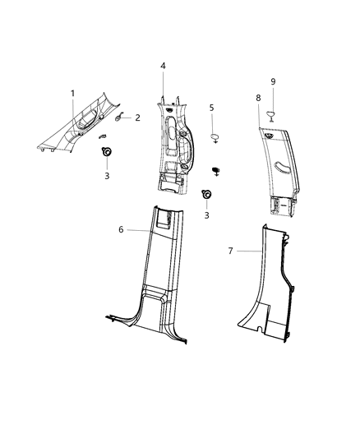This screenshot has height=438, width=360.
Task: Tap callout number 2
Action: pos(137,118)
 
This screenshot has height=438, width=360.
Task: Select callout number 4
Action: pos(163,66)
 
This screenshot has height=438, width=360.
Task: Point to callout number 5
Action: pos(212,107)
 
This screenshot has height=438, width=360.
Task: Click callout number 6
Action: pos(122,230)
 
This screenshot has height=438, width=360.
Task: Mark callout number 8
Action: pos(258,98)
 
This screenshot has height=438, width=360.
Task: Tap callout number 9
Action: pos(273,81)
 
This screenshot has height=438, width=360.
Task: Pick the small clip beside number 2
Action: pos(119,120)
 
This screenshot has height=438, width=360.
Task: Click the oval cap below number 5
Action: pos(214,135)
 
